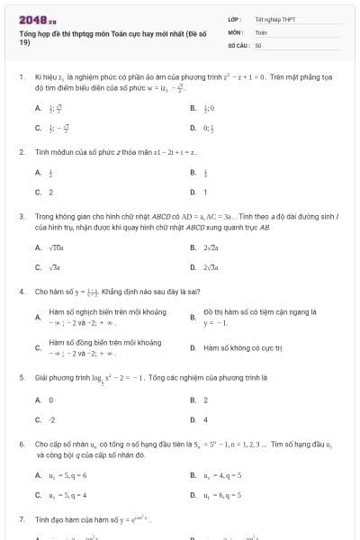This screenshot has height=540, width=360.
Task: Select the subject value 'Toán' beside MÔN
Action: [x=261, y=31]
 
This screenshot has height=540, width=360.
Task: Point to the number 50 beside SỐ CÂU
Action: [x=258, y=44]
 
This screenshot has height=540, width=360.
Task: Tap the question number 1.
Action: [x=21, y=78]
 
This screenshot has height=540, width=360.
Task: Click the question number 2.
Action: [x=21, y=152]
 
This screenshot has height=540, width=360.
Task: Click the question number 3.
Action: [x=21, y=217]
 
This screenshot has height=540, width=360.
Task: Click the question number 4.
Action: [x=21, y=292]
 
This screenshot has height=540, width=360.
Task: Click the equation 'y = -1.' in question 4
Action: [x=215, y=322]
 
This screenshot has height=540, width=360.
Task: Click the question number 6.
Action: [x=21, y=445]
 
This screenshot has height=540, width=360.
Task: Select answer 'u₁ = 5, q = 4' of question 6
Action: [x=67, y=494]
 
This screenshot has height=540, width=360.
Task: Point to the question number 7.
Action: [x=21, y=519]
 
